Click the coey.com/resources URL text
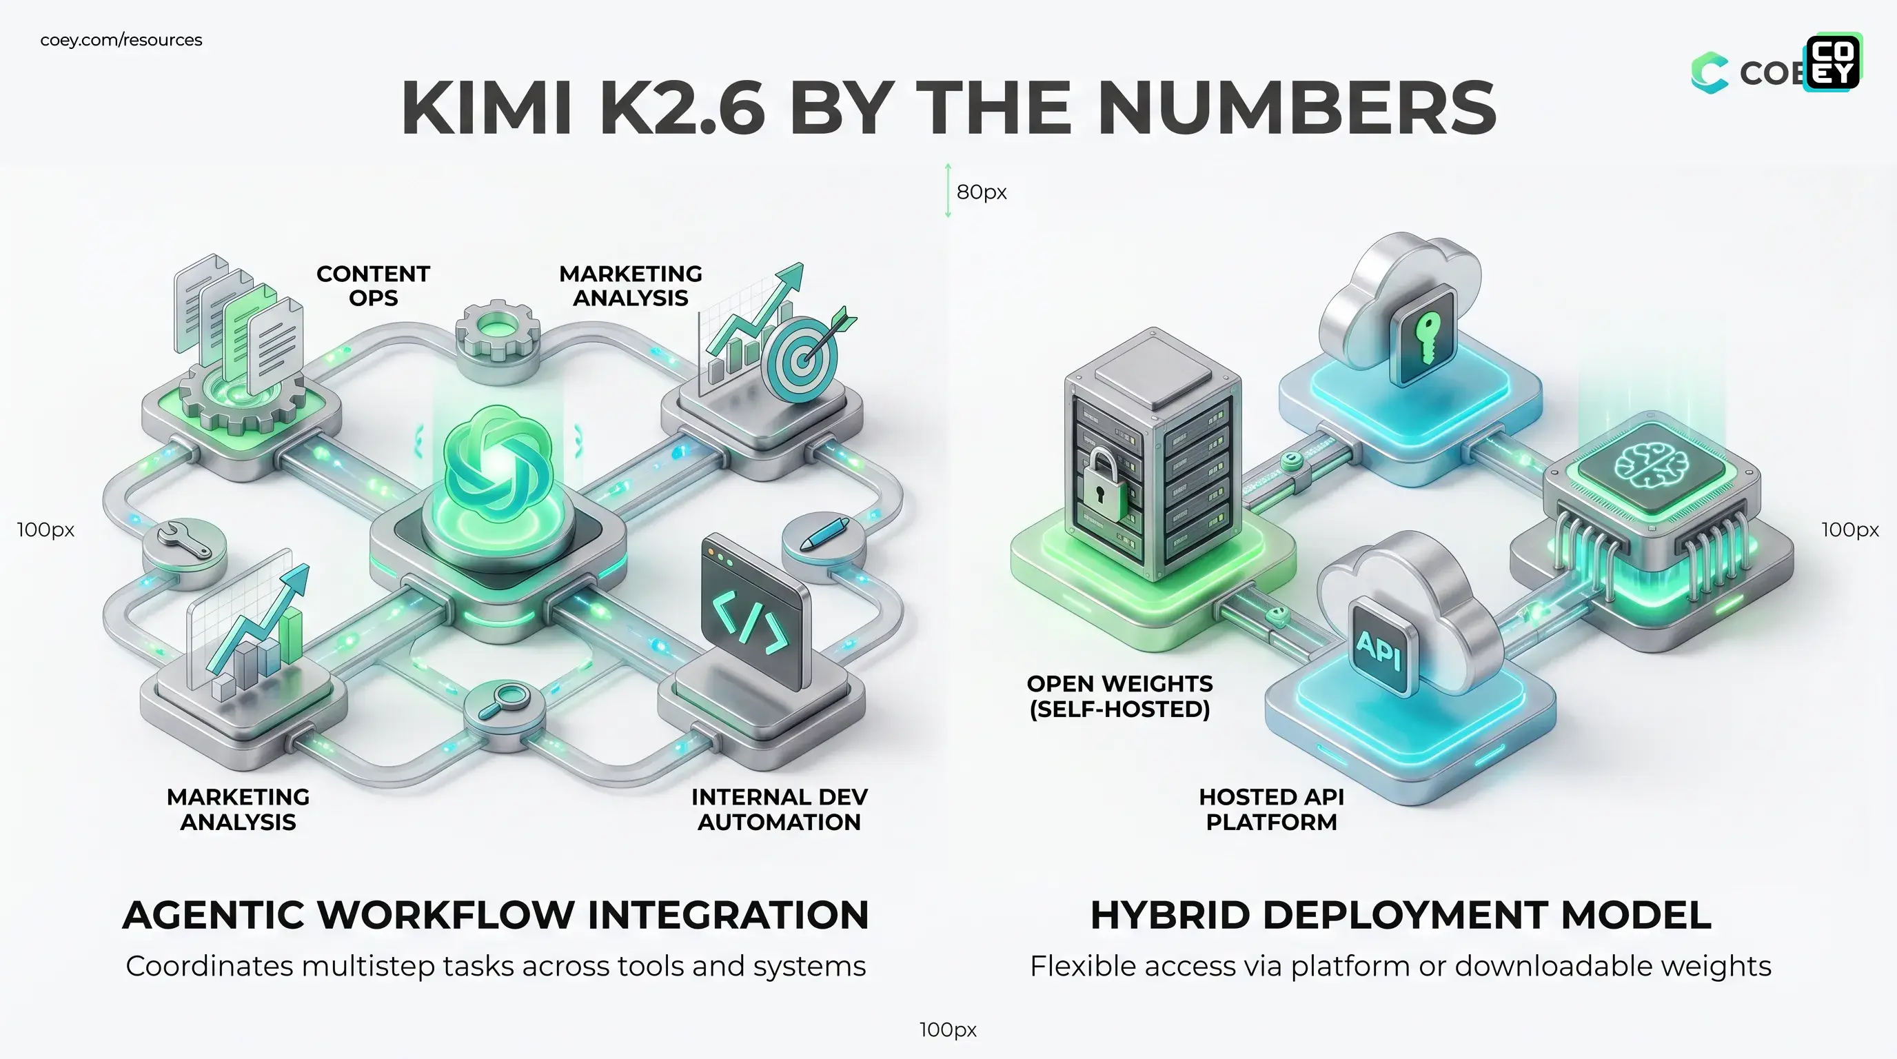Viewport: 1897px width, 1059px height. (x=121, y=40)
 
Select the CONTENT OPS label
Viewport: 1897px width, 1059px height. (x=373, y=285)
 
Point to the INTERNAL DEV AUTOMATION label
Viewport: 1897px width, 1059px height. (x=779, y=809)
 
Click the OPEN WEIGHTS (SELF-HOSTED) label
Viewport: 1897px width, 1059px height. (x=1119, y=696)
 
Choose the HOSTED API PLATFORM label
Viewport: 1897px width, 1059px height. (x=1271, y=809)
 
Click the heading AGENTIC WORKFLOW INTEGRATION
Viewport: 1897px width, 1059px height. (x=496, y=915)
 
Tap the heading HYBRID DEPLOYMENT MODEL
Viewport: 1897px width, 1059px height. (x=1400, y=915)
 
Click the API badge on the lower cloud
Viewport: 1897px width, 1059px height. (x=1378, y=648)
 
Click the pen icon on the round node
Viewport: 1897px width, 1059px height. (x=824, y=533)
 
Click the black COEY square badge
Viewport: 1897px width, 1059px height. (x=1833, y=62)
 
